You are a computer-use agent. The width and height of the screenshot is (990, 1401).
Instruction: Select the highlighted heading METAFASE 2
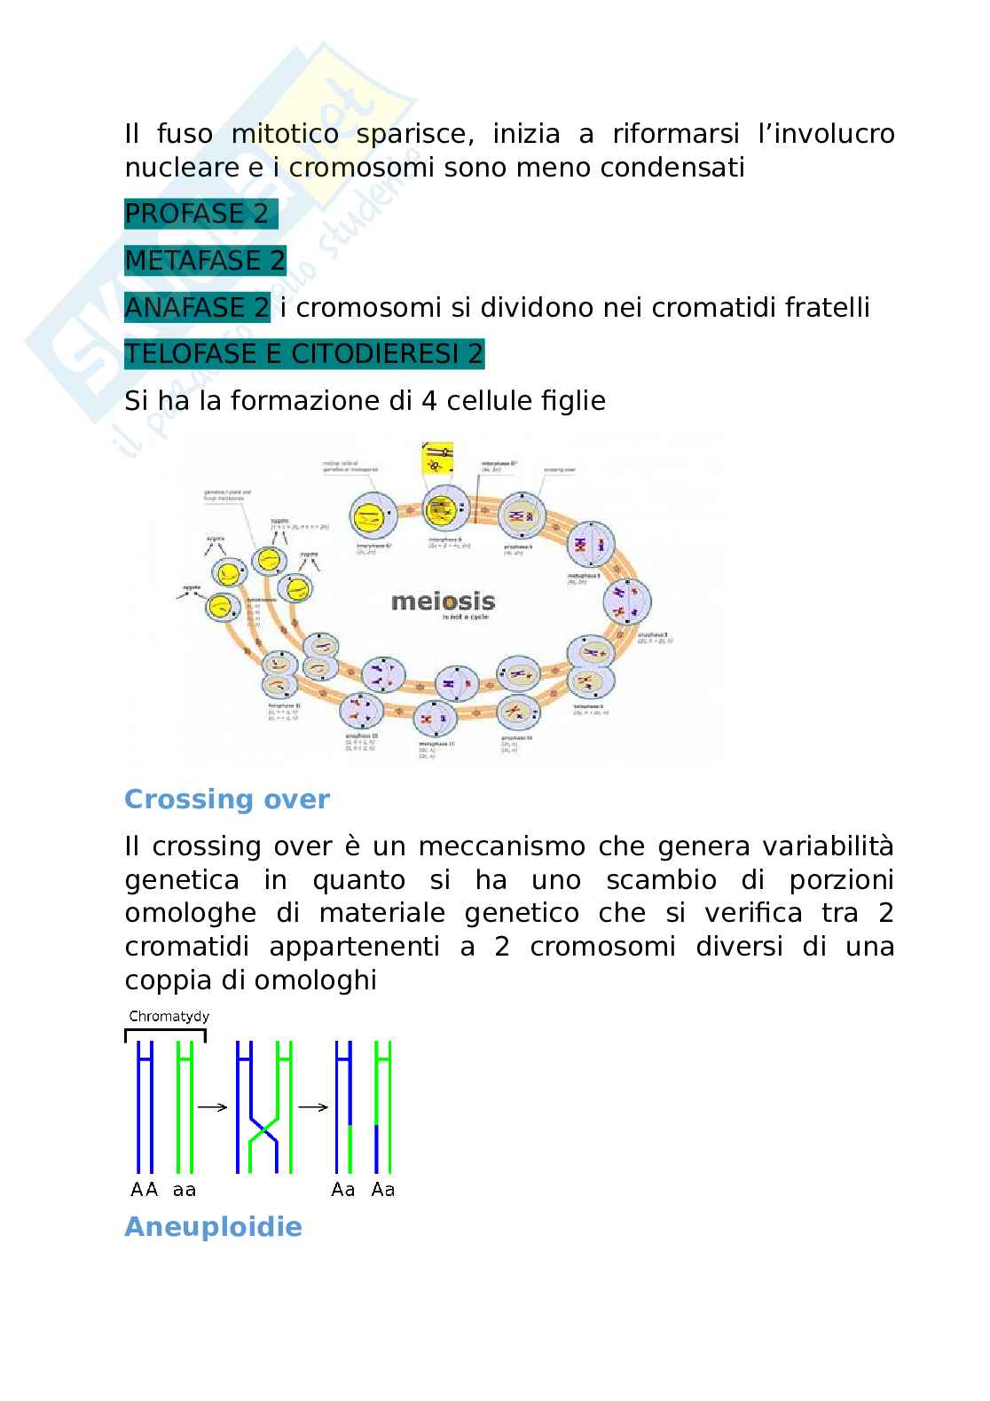coord(205,261)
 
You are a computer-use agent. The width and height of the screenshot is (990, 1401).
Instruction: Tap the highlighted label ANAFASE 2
coord(197,308)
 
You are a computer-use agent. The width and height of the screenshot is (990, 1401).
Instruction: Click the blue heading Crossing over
coord(226,799)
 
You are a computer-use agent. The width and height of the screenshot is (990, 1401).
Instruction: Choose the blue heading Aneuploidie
coord(213,1227)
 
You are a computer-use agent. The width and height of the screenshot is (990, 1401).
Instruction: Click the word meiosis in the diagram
coord(443,602)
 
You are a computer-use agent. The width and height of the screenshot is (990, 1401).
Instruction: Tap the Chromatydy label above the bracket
coord(169,1017)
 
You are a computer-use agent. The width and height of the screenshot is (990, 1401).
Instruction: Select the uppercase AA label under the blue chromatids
coord(144,1189)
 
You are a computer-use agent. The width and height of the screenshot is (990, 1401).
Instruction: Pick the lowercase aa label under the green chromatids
coord(185,1189)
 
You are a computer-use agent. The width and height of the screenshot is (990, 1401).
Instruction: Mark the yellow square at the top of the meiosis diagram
coord(436,460)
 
